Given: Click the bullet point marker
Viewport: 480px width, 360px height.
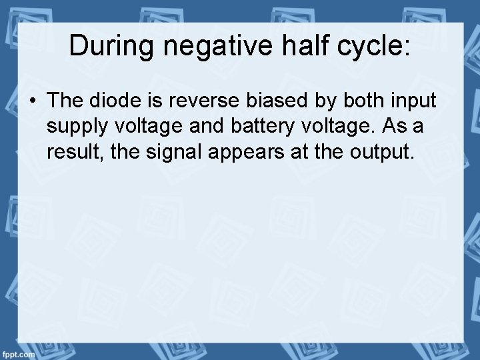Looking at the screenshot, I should tap(32, 101).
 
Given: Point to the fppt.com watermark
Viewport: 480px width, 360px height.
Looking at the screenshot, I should tap(18, 354).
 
